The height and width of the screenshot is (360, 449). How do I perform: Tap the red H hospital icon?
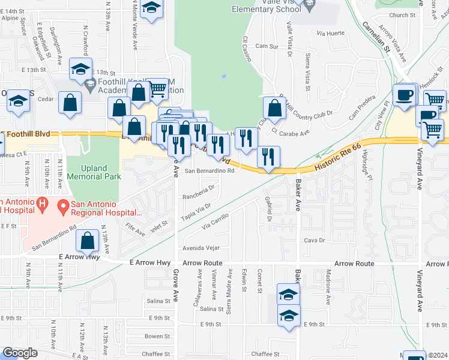point(42,205)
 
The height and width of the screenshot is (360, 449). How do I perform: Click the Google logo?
point(20,353)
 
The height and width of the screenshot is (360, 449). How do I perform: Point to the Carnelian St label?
point(376,38)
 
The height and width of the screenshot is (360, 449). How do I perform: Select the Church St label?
point(402,16)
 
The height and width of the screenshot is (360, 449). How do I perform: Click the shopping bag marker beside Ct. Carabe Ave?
point(274,109)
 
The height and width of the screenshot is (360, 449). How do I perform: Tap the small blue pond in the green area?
point(223,76)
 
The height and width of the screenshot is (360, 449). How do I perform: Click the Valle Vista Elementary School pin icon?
point(310,7)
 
